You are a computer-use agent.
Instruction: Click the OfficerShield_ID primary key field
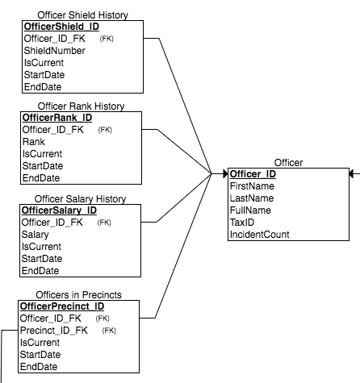pyautogui.click(x=61, y=25)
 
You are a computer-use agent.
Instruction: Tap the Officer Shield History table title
pyautogui.click(x=82, y=15)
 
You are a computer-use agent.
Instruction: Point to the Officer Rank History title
pyautogui.click(x=82, y=106)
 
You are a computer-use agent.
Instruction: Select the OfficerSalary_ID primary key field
pyautogui.click(x=61, y=210)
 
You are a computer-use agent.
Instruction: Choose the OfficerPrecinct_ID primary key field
pyautogui.click(x=63, y=306)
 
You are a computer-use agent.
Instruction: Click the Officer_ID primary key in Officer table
pyautogui.click(x=253, y=173)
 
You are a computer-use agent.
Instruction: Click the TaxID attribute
pyautogui.click(x=243, y=222)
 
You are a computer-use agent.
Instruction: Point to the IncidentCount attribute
pyautogui.click(x=260, y=234)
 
